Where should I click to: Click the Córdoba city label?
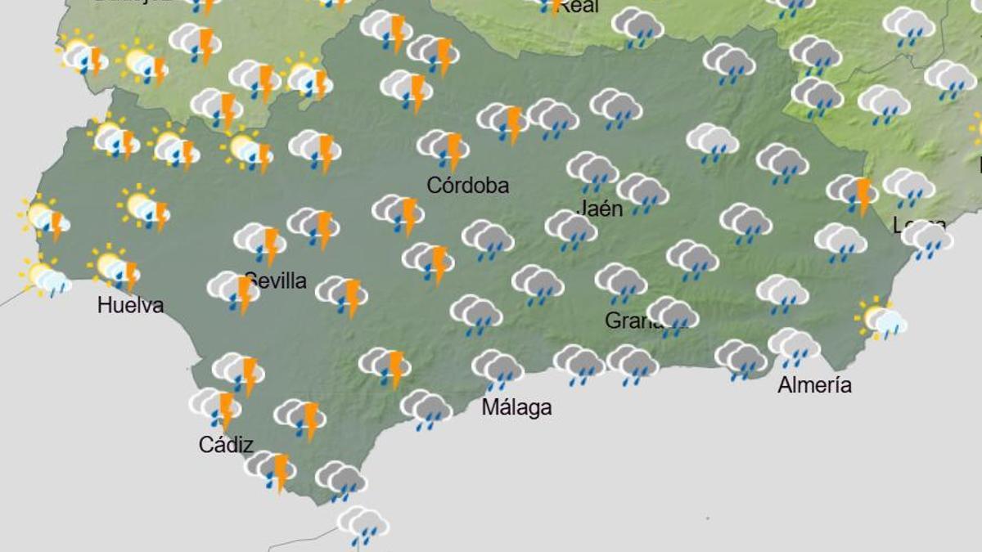pyautogui.click(x=467, y=185)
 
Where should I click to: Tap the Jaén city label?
pyautogui.click(x=601, y=209)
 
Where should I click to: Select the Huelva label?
pyautogui.click(x=130, y=305)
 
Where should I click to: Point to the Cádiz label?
pyautogui.click(x=226, y=445)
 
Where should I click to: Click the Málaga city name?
pyautogui.click(x=516, y=406)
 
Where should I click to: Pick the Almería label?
pyautogui.click(x=814, y=384)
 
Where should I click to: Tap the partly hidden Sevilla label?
pyautogui.click(x=278, y=281)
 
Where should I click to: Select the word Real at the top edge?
pyautogui.click(x=579, y=7)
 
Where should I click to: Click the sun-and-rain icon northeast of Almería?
pyautogui.click(x=881, y=319)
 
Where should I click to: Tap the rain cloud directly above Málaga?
pyautogui.click(x=498, y=368)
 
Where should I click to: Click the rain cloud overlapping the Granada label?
pyautogui.click(x=673, y=315)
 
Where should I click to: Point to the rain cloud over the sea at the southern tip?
pyautogui.click(x=363, y=524)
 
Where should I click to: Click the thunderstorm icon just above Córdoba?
pyautogui.click(x=444, y=148)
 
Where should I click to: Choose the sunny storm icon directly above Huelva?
pyautogui.click(x=114, y=267)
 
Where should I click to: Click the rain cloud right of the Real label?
pyautogui.click(x=637, y=26)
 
